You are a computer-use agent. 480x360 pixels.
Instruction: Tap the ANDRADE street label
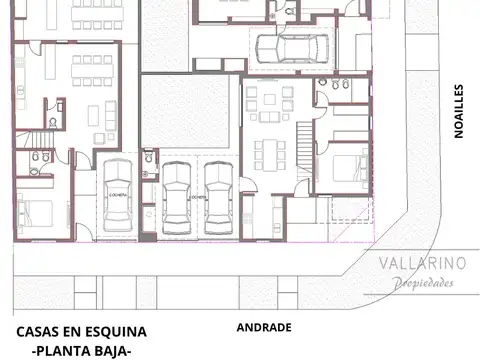263,327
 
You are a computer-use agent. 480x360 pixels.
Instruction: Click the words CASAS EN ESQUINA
82,331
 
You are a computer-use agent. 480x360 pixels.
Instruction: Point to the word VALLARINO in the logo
423,263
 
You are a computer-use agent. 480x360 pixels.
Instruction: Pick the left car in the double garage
178,197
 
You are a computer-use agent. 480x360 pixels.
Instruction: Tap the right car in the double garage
218,197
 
